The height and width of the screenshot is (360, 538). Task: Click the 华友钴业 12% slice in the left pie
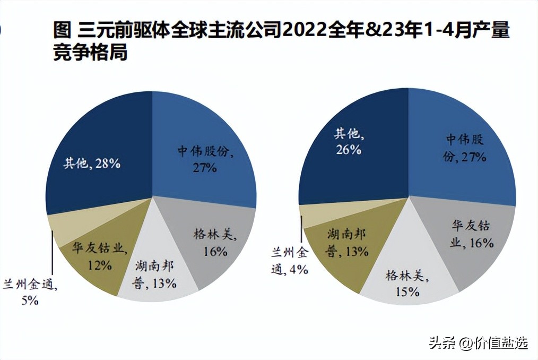(x=96, y=255)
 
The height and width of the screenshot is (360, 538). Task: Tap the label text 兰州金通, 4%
(x=290, y=260)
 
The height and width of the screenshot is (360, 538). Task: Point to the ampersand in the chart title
(x=375, y=31)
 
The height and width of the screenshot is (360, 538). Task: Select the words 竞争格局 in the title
(x=90, y=54)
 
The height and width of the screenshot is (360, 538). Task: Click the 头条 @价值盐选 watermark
(x=478, y=343)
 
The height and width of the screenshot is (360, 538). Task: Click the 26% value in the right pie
(x=348, y=150)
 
